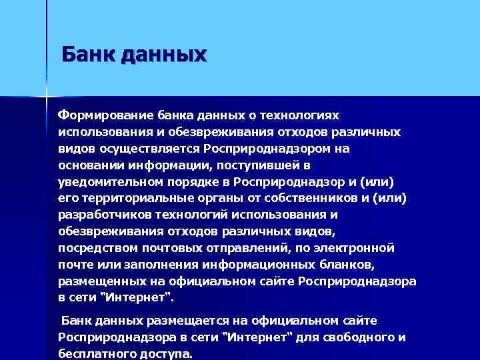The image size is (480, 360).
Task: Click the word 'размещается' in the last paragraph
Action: pos(177,321)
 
